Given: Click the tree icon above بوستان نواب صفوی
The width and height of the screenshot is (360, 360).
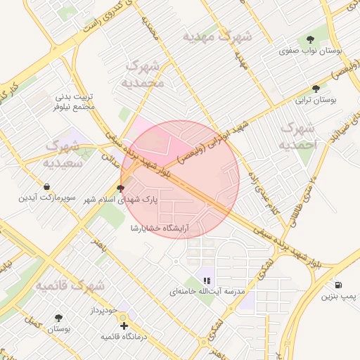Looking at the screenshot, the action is pos(310,39).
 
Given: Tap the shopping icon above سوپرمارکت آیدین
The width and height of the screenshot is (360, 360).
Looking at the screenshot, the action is pos(46,187).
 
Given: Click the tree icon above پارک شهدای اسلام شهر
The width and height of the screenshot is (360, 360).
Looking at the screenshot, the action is pos(122,188).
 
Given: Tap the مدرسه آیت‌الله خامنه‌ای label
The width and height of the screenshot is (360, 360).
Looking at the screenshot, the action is pos(206,291).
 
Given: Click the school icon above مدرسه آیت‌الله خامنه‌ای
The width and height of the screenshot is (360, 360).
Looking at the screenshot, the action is pos(206,281).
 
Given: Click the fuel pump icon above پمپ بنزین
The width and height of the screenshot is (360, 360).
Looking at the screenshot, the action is pos(340,285).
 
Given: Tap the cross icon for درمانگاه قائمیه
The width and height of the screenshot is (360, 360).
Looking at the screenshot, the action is pos(124,326).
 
